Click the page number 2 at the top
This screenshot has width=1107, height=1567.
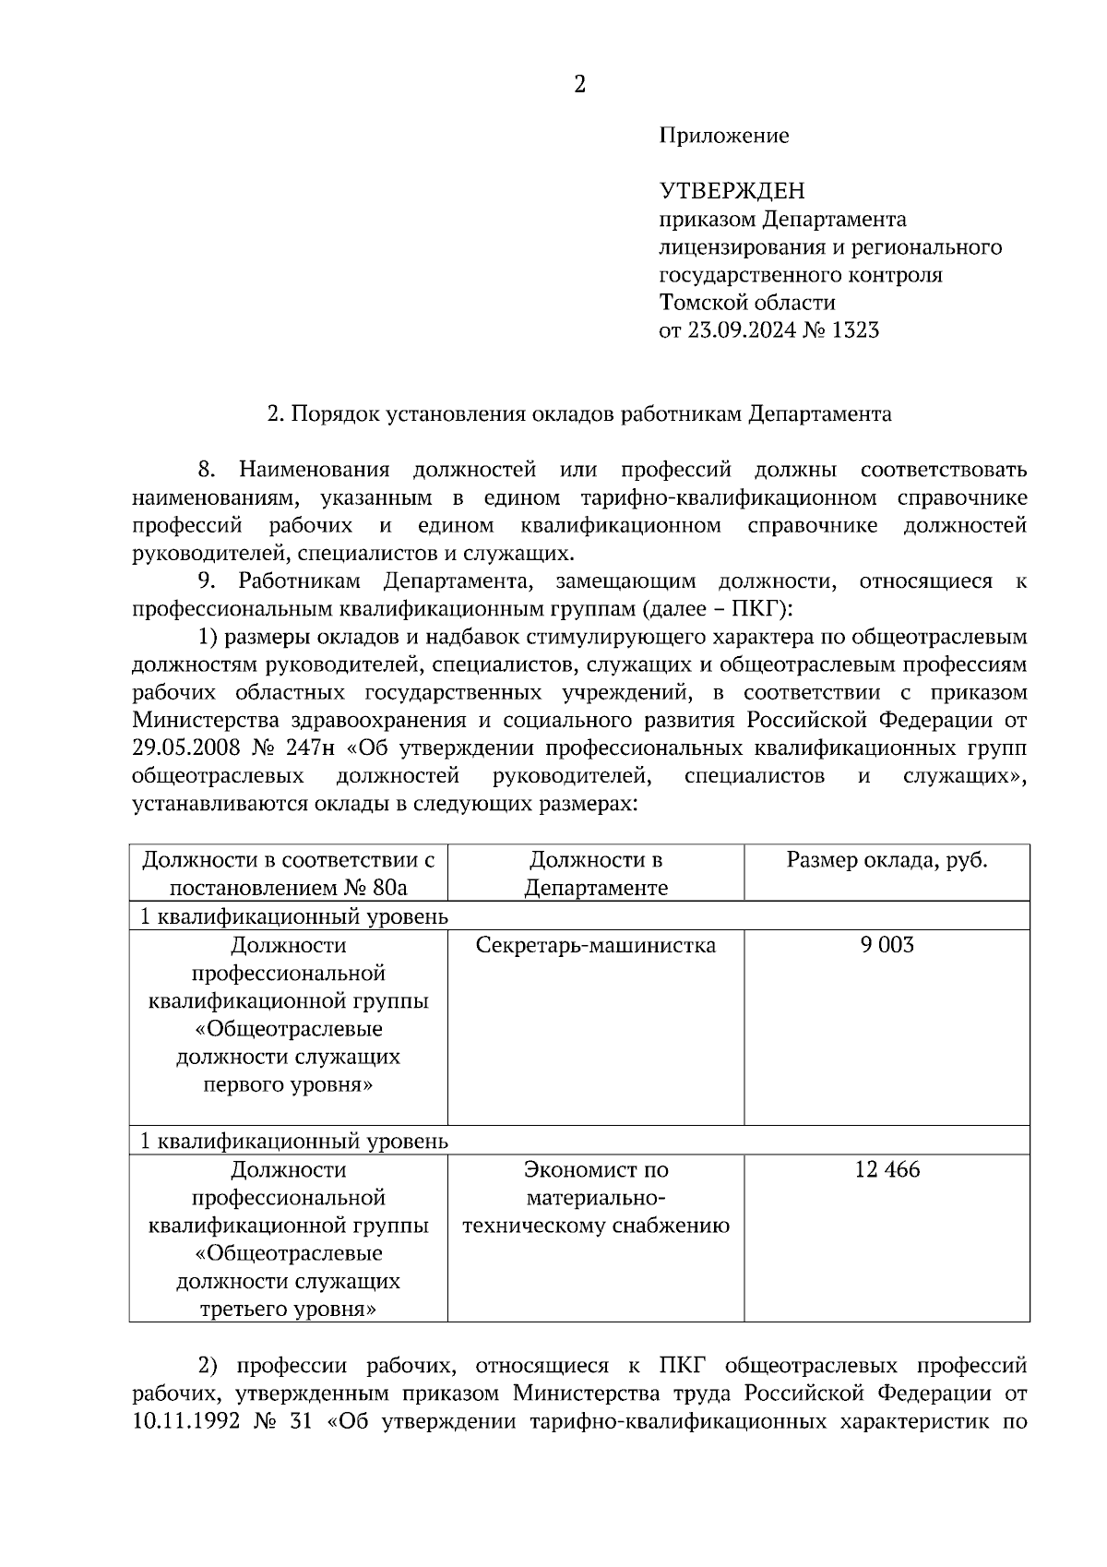tap(579, 85)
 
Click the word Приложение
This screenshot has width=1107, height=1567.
tap(724, 137)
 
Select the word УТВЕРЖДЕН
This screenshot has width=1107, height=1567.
tap(732, 191)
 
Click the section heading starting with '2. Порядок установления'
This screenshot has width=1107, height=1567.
tap(578, 413)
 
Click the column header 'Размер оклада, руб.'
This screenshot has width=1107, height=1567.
tap(887, 860)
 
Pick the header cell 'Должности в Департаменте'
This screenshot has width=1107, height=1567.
tap(595, 874)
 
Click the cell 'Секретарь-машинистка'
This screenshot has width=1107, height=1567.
tap(595, 946)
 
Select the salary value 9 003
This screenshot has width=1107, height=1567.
tap(887, 946)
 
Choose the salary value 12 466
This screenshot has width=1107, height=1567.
tap(887, 1170)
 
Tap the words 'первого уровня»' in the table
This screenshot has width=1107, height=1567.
tap(288, 1084)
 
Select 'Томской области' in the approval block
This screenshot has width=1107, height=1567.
tap(747, 303)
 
